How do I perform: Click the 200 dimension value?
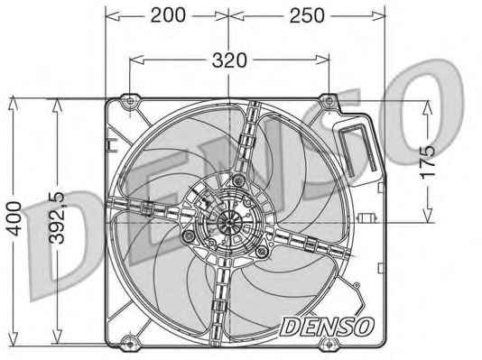[x=168, y=15]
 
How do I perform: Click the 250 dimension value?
[x=307, y=15]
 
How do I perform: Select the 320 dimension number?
[x=229, y=60]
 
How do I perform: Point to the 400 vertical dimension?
[x=14, y=218]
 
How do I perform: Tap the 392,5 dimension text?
[x=58, y=217]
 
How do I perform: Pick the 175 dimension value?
[x=427, y=162]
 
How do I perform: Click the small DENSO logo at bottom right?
[x=327, y=327]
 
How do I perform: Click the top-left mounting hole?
[x=130, y=101]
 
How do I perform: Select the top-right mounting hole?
[x=329, y=100]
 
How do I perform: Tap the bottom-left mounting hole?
[x=130, y=344]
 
